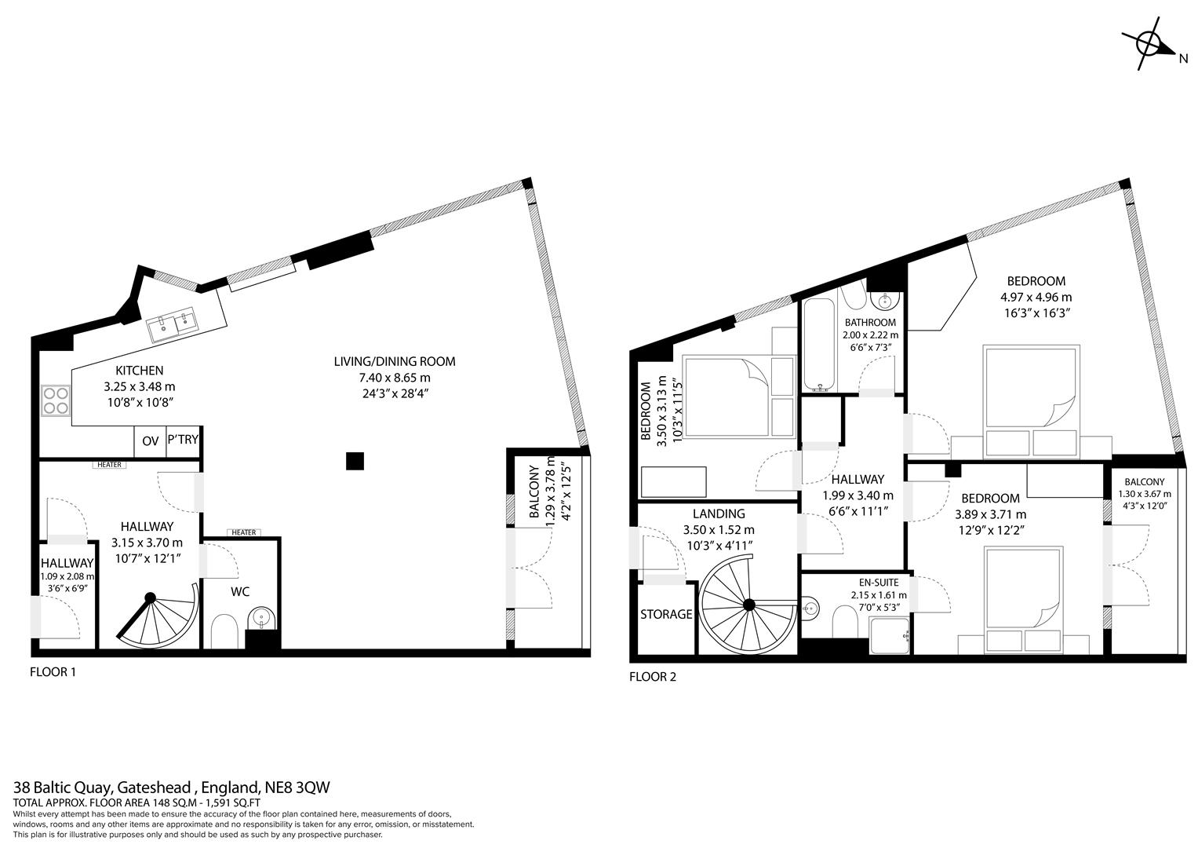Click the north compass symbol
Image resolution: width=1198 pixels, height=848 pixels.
(1149, 45)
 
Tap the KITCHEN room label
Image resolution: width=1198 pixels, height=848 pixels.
(139, 371)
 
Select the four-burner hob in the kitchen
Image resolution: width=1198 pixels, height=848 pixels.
(55, 400)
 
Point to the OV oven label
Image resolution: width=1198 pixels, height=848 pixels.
(150, 441)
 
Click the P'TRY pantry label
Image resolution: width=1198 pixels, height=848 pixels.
(182, 440)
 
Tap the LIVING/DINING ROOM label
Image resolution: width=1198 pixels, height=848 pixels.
(394, 362)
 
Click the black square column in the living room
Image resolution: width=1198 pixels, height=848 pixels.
(355, 461)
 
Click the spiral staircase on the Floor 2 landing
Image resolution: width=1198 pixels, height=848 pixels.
(748, 605)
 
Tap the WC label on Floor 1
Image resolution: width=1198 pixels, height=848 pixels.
(240, 591)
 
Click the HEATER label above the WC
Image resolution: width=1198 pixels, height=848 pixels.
(243, 532)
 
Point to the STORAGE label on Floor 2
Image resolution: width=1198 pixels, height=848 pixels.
(666, 614)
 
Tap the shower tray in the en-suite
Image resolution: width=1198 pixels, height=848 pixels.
(890, 634)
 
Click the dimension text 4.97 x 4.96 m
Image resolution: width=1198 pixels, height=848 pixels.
(1036, 297)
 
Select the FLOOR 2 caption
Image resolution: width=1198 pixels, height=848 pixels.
(652, 677)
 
